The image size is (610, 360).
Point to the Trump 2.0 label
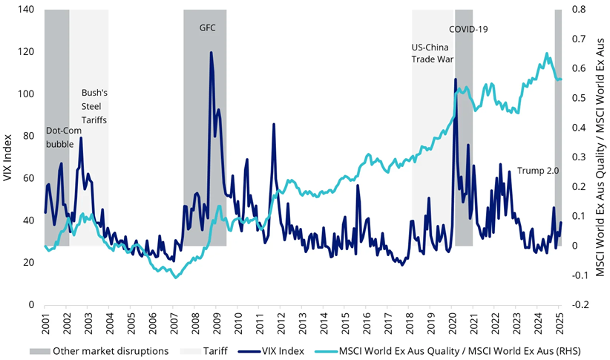tap(537, 170)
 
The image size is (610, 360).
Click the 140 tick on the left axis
tap(27, 10)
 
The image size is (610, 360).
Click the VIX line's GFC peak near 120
tap(211, 53)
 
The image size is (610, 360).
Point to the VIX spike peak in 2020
tap(454, 79)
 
